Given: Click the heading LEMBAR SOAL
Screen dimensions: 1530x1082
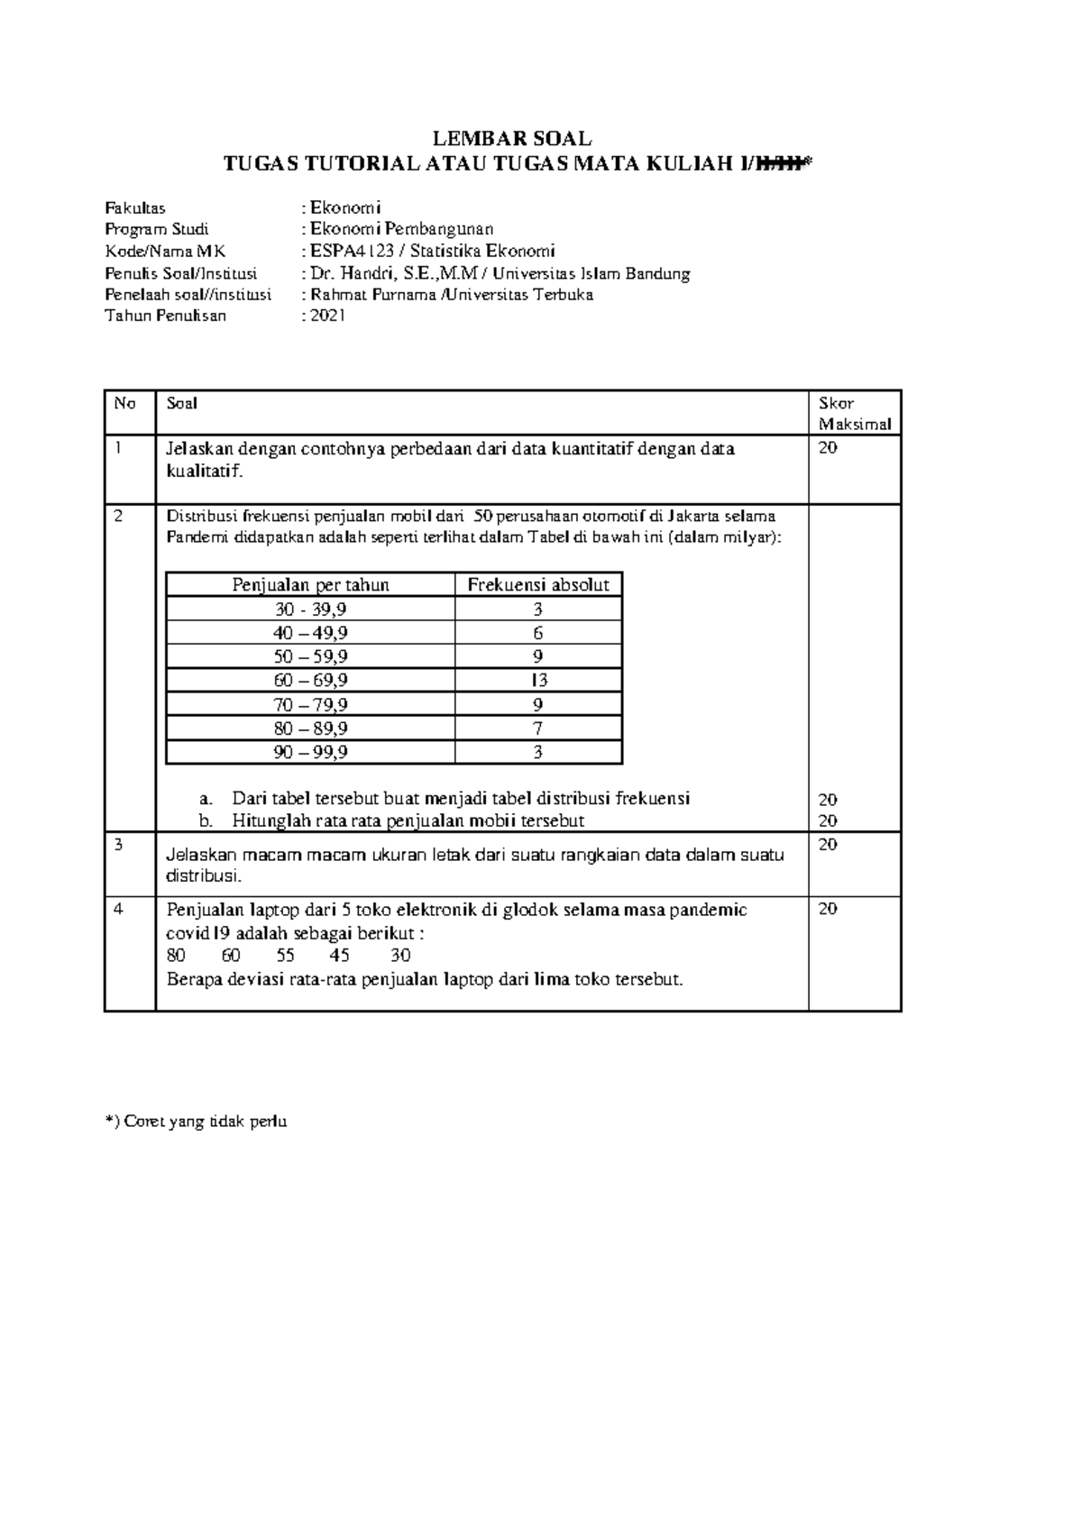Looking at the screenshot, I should (512, 138).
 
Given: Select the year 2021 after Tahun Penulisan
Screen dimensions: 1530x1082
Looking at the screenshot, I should (328, 316).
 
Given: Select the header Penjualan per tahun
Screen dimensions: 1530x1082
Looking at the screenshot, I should (310, 584).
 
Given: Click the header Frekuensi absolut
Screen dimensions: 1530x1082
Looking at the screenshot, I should (538, 584).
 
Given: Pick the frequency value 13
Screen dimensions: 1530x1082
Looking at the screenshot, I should (538, 680).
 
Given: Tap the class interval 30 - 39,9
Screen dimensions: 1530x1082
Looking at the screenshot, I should (310, 609).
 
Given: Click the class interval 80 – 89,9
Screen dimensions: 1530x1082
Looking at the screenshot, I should (310, 728).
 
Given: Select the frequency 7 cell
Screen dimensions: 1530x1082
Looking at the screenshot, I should (538, 728).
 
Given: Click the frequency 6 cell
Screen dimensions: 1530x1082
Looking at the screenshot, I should (538, 633).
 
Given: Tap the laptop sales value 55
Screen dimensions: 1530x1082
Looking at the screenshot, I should (286, 956).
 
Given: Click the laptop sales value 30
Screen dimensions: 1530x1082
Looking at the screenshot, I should (400, 956).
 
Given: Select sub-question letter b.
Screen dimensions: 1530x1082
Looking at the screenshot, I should (206, 820).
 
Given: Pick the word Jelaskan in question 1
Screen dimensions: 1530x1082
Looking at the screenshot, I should (197, 449).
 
